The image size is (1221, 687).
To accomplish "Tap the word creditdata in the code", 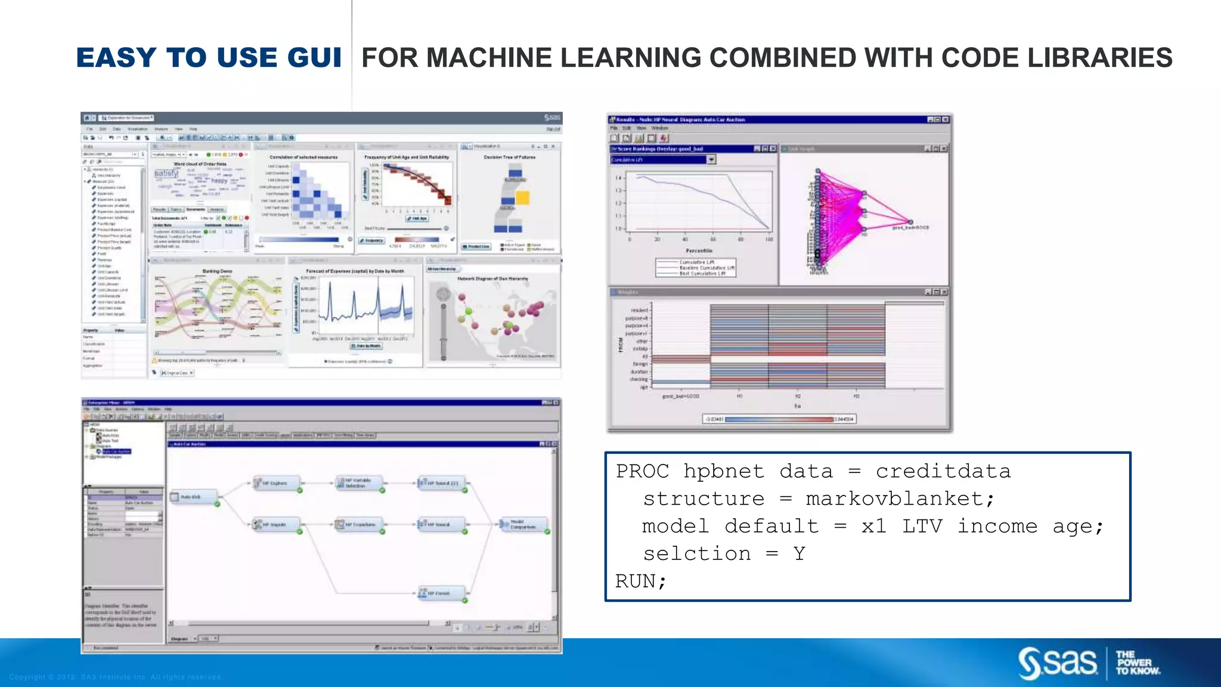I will [x=943, y=471].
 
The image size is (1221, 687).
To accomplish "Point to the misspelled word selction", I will [x=696, y=553].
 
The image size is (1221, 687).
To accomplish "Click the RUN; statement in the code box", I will [x=641, y=581].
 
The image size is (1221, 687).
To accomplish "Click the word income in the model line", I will [x=997, y=526].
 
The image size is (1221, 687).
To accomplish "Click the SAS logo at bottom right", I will [x=1058, y=663].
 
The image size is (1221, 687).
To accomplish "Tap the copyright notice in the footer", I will [x=116, y=677].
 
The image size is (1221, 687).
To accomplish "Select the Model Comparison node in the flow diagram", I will [x=523, y=525].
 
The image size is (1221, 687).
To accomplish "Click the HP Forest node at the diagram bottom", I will [x=441, y=593].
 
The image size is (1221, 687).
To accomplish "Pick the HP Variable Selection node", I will [x=358, y=483].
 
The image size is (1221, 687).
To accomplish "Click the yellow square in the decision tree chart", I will [x=522, y=197].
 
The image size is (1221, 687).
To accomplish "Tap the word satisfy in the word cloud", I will [x=166, y=174].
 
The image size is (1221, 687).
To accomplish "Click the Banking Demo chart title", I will [x=217, y=271].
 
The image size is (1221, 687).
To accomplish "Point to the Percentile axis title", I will [x=699, y=251].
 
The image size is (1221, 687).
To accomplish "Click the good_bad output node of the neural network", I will [x=910, y=222].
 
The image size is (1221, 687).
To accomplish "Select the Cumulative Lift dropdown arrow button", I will [x=711, y=160].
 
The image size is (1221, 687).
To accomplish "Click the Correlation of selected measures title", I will [x=303, y=157].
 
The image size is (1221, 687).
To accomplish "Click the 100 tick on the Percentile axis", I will [x=769, y=239].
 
